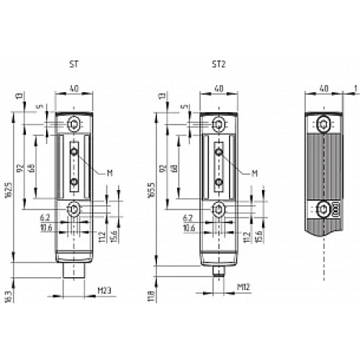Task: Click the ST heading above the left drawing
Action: click(75, 63)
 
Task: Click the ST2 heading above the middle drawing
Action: click(218, 63)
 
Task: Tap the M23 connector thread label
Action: click(104, 291)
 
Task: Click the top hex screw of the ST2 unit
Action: click(217, 125)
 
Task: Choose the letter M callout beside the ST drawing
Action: click(109, 173)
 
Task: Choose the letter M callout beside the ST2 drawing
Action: click(253, 173)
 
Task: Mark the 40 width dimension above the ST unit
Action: click(75, 89)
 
